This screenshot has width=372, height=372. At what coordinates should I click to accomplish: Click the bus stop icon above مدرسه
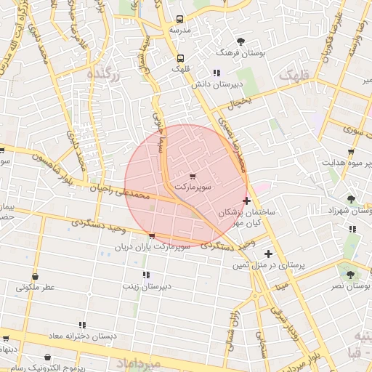pyautogui.click(x=180, y=20)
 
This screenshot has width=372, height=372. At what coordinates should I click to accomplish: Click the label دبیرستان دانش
pyautogui.click(x=216, y=84)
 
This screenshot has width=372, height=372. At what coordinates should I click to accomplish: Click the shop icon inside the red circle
pyautogui.click(x=193, y=177)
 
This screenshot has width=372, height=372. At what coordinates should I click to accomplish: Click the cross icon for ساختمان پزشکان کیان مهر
pyautogui.click(x=247, y=201)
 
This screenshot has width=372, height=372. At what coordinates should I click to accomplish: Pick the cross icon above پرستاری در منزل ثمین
pyautogui.click(x=269, y=254)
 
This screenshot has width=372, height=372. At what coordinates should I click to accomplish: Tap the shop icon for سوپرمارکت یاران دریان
pyautogui.click(x=151, y=236)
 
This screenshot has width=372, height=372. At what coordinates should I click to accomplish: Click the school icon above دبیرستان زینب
pyautogui.click(x=146, y=275)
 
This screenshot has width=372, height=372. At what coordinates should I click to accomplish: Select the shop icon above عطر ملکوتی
pyautogui.click(x=36, y=276)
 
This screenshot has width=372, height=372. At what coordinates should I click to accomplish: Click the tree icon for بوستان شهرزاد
pyautogui.click(x=352, y=198)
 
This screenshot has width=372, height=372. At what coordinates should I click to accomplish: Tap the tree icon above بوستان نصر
pyautogui.click(x=351, y=275)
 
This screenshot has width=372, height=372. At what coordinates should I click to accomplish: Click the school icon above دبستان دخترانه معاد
pyautogui.click(x=83, y=324)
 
